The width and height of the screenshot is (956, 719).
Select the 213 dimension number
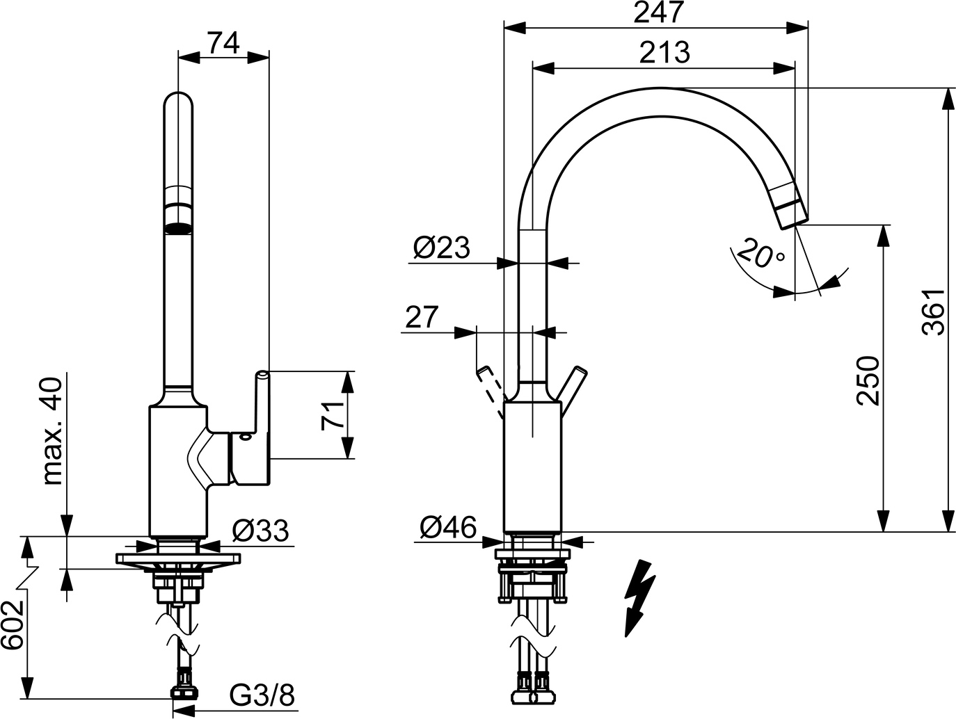pyautogui.click(x=664, y=52)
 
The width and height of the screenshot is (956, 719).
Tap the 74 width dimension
pyautogui.click(x=223, y=43)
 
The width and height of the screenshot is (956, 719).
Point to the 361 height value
pyautogui.click(x=933, y=312)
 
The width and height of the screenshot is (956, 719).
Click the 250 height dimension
pyautogui.click(x=868, y=381)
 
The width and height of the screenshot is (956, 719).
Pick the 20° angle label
pyautogui.click(x=761, y=253)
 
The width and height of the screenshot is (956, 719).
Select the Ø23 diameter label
pyautogui.click(x=442, y=248)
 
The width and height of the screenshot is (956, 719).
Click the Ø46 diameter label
pyautogui.click(x=448, y=528)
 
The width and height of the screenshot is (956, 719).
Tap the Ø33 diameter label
pyautogui.click(x=260, y=531)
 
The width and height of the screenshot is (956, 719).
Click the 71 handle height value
pyautogui.click(x=333, y=417)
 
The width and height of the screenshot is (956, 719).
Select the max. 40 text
pyautogui.click(x=53, y=431)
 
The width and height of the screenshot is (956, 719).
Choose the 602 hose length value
pyautogui.click(x=12, y=625)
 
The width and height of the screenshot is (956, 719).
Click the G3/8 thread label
pyautogui.click(x=262, y=695)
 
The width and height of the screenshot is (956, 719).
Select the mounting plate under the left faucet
pyautogui.click(x=178, y=558)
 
